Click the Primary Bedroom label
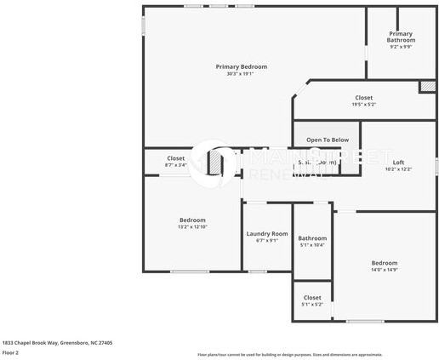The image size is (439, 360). tap(241, 66)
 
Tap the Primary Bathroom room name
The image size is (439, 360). tap(401, 37)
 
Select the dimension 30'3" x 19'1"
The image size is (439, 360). tap(241, 74)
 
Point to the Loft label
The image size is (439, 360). tap(398, 162)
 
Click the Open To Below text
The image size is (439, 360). tap(328, 140)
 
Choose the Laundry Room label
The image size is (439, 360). tap(267, 233)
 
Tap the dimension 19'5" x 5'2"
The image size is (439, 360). tap(363, 105)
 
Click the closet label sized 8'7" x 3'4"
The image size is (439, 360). tap(175, 157)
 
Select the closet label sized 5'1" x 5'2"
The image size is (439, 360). tap(311, 297)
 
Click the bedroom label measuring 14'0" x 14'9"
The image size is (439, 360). tap(384, 263)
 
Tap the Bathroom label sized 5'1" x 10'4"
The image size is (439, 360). tap(312, 238)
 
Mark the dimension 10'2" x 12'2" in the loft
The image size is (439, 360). tap(398, 169)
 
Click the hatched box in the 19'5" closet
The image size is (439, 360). tap(426, 87)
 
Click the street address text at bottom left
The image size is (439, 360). tap(57, 342)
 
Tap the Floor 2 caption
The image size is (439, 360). tap(11, 352)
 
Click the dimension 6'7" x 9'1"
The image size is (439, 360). tap(267, 241)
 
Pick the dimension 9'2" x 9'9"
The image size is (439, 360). tap(401, 47)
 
